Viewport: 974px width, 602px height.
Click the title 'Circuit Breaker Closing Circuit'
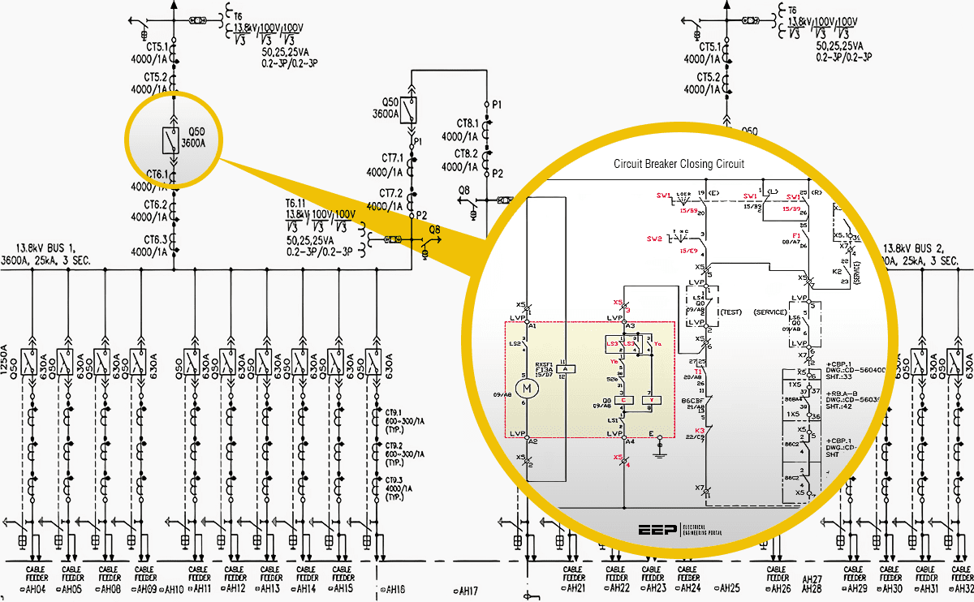pyautogui.click(x=679, y=164)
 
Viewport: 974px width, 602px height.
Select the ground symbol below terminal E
pyautogui.click(x=660, y=445)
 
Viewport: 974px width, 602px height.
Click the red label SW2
pyautogui.click(x=655, y=239)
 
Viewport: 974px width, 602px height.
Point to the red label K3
pyautogui.click(x=700, y=430)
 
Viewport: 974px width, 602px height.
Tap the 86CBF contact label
pyautogui.click(x=692, y=400)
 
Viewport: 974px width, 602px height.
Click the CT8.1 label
pyautogui.click(x=466, y=124)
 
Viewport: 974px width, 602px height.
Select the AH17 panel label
pyautogui.click(x=468, y=590)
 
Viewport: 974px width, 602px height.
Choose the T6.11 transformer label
pyautogui.click(x=298, y=203)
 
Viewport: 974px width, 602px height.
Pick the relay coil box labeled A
pyautogui.click(x=567, y=368)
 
